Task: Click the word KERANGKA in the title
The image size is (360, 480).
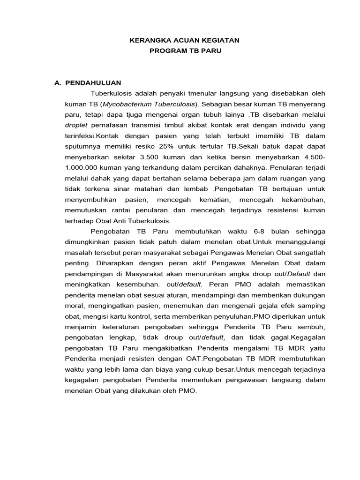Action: pos(148,41)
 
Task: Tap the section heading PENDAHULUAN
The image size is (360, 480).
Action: pos(93,83)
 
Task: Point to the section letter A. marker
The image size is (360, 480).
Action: pos(58,83)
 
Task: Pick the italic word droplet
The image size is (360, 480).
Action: pos(76,125)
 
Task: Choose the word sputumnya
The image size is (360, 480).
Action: pos(81,146)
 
